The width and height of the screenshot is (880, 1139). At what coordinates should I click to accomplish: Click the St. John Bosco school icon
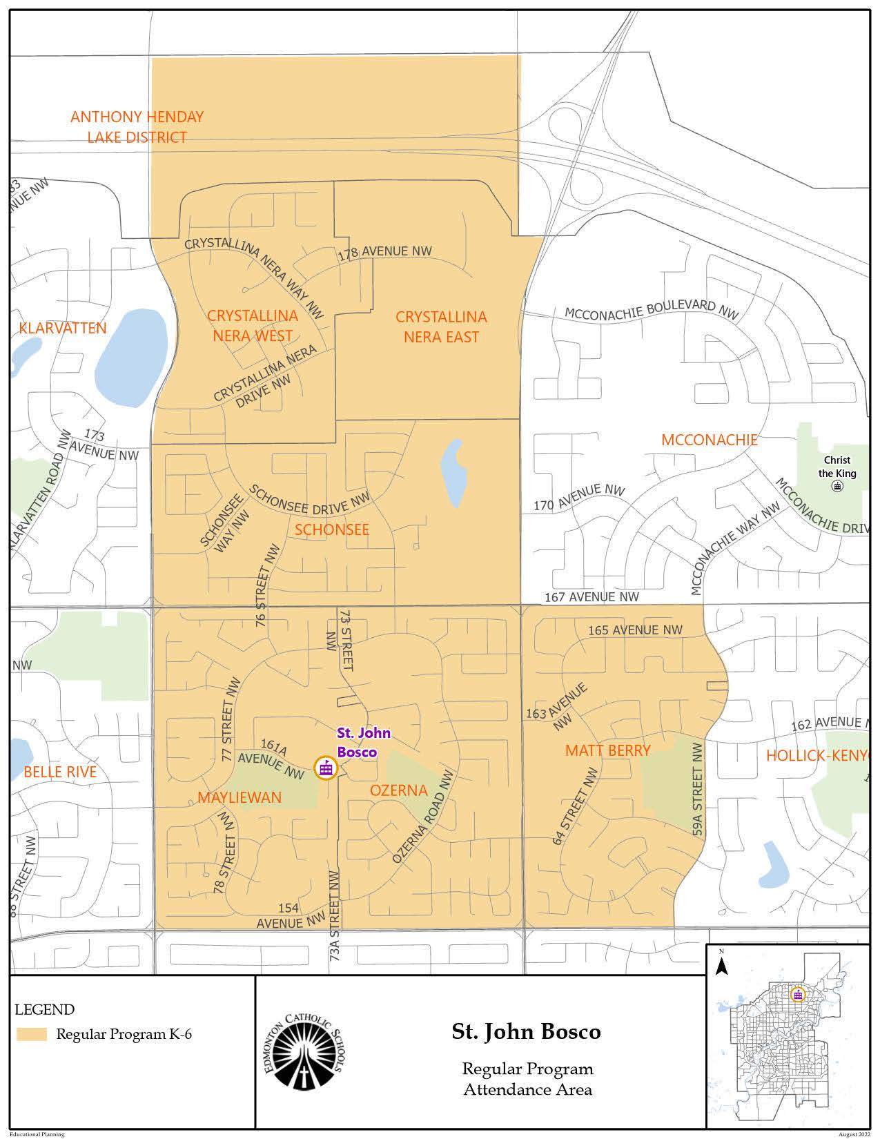[325, 768]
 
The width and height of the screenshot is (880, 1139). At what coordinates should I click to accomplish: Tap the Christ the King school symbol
[837, 486]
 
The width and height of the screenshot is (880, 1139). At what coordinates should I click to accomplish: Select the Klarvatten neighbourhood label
[63, 327]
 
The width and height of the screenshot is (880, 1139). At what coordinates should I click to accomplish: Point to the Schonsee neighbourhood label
[332, 529]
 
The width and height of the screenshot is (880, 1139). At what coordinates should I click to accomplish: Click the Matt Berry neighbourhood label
[607, 750]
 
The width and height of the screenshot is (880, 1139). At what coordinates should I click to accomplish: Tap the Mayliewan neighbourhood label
[239, 797]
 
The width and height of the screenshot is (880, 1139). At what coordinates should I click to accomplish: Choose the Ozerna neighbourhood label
[399, 790]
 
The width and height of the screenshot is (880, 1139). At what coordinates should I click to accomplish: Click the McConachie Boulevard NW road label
[652, 310]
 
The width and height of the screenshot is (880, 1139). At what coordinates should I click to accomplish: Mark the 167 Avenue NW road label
[591, 596]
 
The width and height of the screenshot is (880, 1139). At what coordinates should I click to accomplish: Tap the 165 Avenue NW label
[635, 630]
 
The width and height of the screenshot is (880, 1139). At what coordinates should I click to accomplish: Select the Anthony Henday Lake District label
[137, 126]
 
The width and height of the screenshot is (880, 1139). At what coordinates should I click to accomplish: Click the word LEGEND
[45, 1010]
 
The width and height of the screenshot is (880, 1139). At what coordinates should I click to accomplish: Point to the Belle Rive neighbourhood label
[60, 772]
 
